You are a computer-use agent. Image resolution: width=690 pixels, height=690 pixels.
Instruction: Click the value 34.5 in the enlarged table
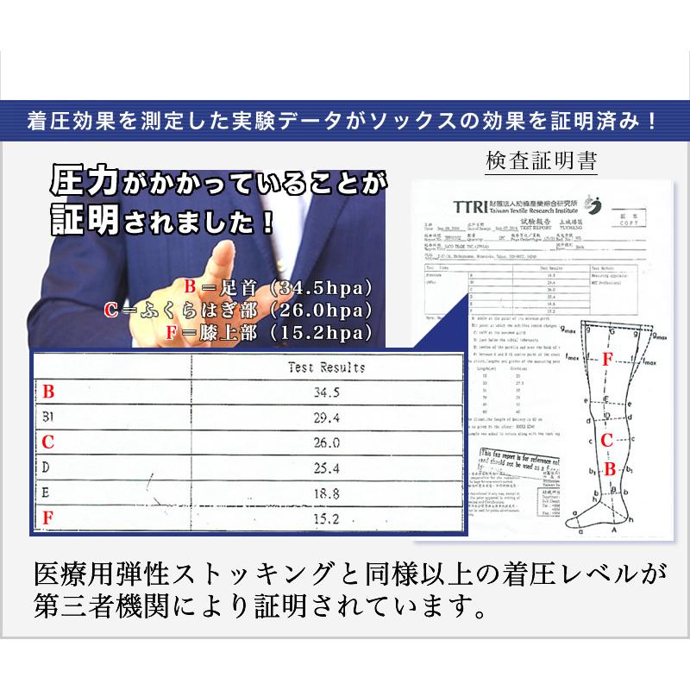click(x=325, y=392)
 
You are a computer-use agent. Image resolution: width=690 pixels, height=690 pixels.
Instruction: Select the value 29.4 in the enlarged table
click(x=325, y=417)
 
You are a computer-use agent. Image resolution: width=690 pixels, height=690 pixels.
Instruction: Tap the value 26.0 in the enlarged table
click(x=325, y=443)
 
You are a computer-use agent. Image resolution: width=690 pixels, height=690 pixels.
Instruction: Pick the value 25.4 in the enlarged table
click(x=325, y=468)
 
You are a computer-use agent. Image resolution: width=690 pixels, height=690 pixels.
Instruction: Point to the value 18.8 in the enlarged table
click(x=325, y=493)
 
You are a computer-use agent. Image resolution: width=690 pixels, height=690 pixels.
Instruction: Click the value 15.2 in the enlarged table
click(x=325, y=518)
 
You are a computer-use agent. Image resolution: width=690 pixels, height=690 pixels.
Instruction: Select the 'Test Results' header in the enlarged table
click(x=325, y=367)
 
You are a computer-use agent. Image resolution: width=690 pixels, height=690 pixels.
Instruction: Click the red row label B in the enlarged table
click(x=48, y=392)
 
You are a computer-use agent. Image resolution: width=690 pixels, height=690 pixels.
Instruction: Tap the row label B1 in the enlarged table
click(x=50, y=417)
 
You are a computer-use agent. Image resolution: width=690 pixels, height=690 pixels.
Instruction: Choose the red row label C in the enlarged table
click(x=48, y=443)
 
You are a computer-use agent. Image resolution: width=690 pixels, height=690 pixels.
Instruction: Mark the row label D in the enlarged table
click(x=47, y=468)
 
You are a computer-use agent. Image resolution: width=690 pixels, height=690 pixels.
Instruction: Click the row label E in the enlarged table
click(x=47, y=493)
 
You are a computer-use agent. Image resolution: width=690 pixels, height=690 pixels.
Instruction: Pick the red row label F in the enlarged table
click(x=48, y=519)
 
